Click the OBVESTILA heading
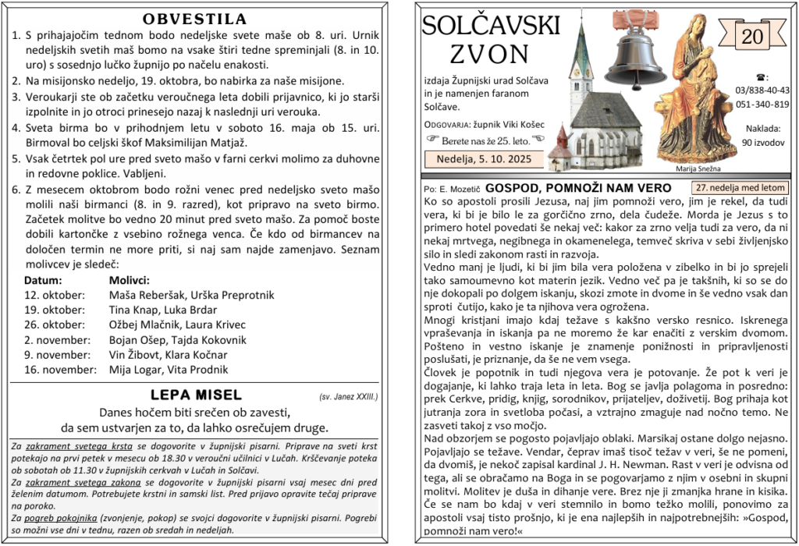(195, 19)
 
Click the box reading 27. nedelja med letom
(740, 188)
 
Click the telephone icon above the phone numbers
(762, 77)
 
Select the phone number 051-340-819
(762, 105)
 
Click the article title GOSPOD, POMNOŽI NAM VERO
(577, 188)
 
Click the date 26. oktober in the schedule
(54, 324)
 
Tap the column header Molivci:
(129, 280)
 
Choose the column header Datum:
(44, 280)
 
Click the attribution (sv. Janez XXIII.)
(348, 397)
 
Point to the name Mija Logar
(134, 370)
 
